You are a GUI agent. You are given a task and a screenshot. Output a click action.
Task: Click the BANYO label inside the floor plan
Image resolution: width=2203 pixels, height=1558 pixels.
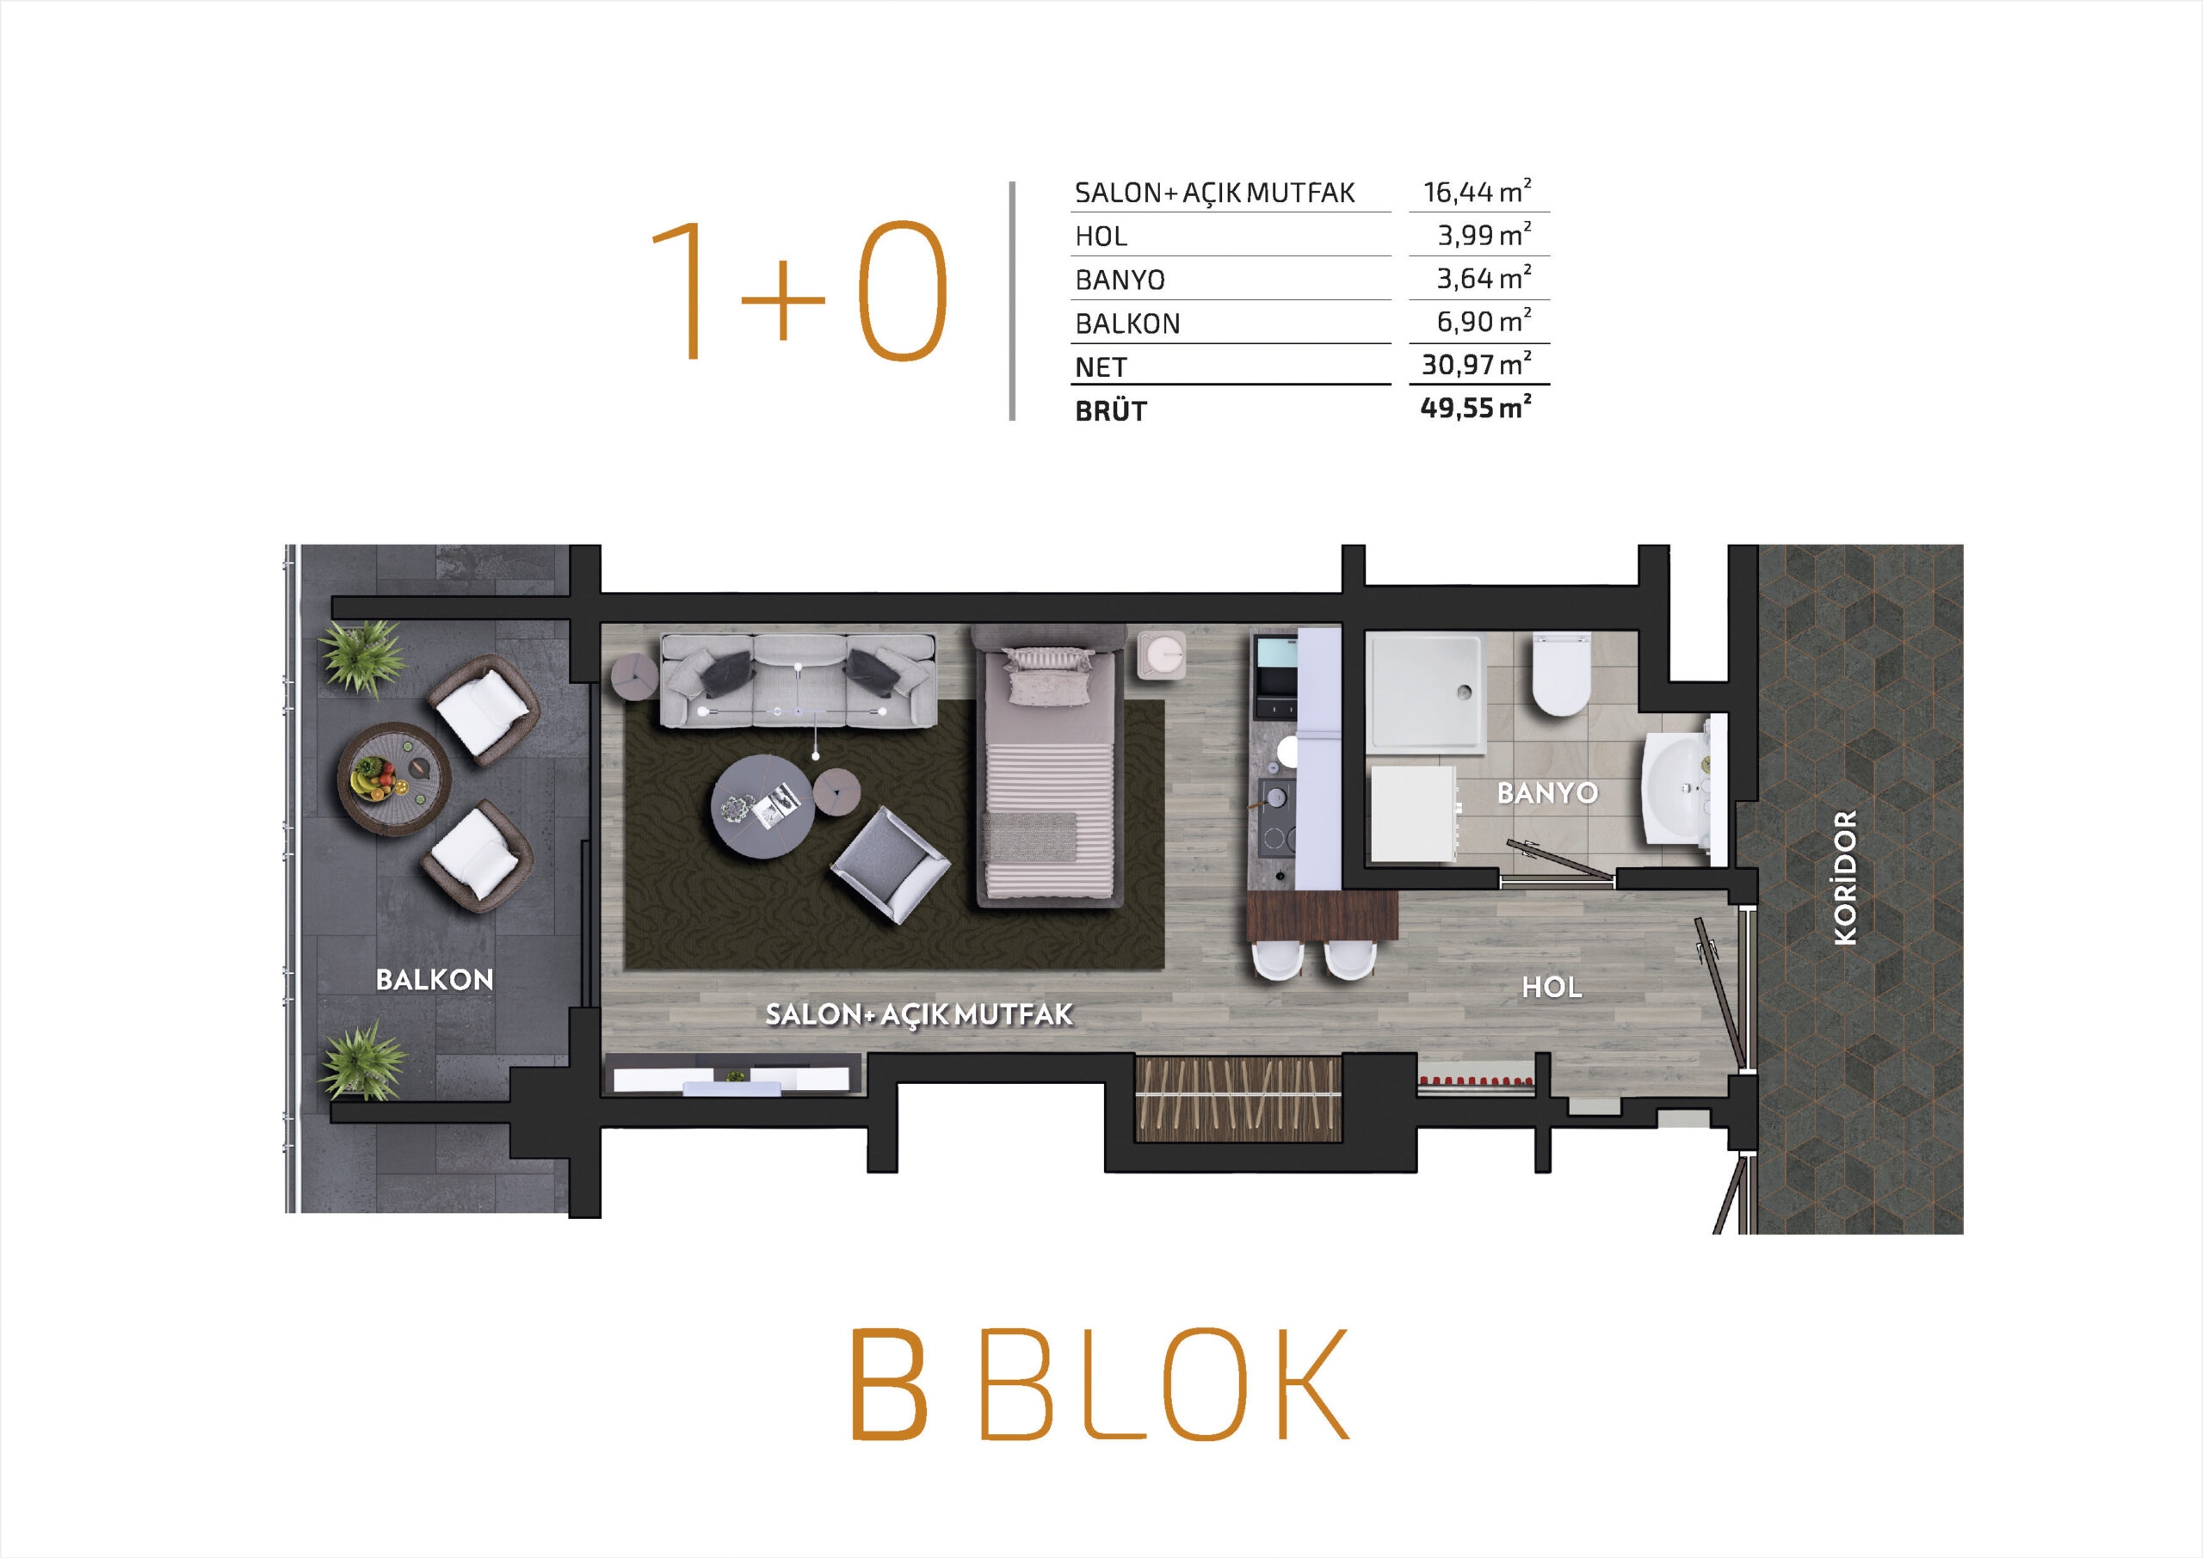(x=1547, y=793)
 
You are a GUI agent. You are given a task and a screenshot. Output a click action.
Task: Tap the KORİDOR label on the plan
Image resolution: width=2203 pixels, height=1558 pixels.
(x=1845, y=877)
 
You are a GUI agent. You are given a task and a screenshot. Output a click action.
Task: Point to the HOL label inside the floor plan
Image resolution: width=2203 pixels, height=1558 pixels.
(x=1552, y=987)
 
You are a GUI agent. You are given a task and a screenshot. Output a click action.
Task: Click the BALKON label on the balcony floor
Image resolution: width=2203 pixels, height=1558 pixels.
(x=435, y=980)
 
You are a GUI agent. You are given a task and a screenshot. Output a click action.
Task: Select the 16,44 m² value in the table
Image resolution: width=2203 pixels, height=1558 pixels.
(x=1477, y=191)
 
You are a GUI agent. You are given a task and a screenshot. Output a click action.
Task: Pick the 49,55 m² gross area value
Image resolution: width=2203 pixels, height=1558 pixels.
(x=1476, y=407)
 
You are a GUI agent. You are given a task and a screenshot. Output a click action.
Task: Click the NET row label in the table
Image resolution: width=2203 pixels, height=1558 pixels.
(x=1101, y=367)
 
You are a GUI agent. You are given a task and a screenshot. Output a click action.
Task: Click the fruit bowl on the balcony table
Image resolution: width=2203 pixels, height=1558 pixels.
(x=373, y=776)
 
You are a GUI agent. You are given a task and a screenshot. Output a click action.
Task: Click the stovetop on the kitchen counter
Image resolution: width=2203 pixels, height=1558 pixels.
(x=1277, y=816)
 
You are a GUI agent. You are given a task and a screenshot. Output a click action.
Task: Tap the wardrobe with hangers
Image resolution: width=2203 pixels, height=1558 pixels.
(x=1237, y=1099)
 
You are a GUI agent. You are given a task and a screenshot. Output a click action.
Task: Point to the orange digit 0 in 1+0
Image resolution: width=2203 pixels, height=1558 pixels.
(x=902, y=291)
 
